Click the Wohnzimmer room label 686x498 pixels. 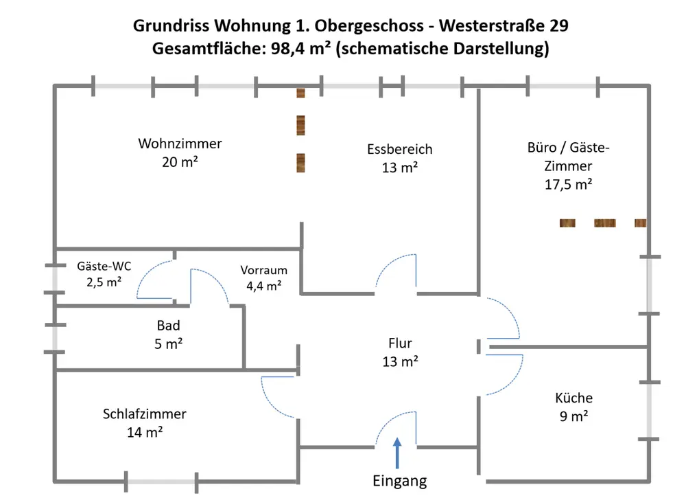(x=180, y=152)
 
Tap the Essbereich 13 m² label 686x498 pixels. (x=399, y=158)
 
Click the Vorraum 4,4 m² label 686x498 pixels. (x=263, y=278)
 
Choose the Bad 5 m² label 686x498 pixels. (x=168, y=335)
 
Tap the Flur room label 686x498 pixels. (x=400, y=352)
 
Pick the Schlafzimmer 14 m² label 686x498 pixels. (x=144, y=422)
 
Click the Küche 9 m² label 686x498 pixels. (x=573, y=406)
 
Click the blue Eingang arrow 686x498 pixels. (x=397, y=455)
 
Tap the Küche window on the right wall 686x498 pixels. (x=649, y=410)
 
